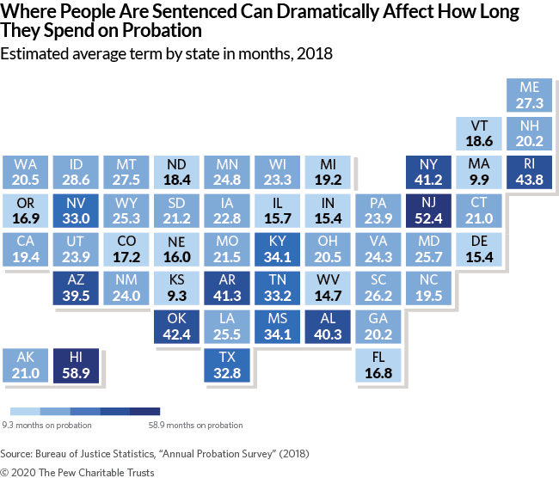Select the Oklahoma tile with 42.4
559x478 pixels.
(176, 327)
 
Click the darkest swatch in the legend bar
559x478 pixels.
(144, 411)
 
